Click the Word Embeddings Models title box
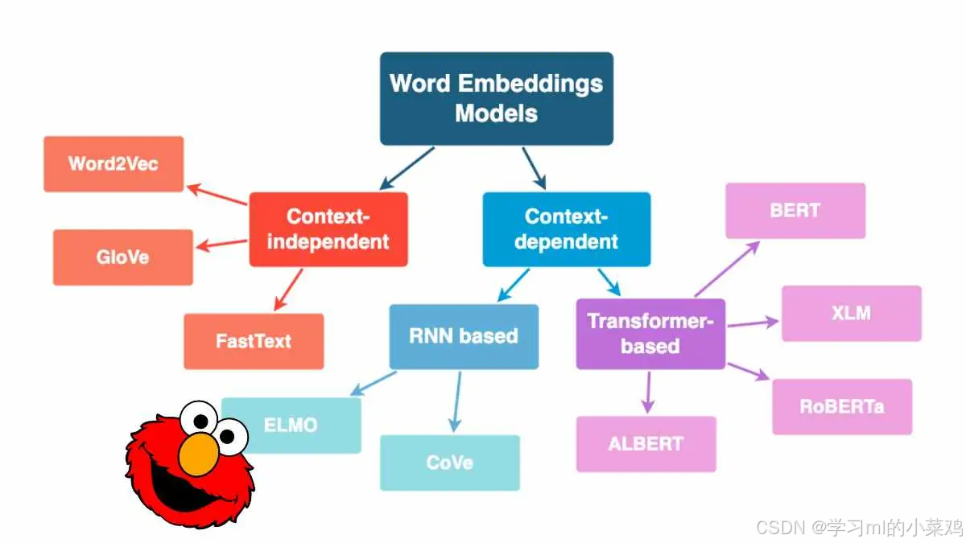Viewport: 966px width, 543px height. [496, 98]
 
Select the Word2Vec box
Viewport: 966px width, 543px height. [114, 164]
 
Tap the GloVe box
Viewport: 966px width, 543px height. [123, 257]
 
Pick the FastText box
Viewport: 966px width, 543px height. [254, 341]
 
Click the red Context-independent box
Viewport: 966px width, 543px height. [328, 229]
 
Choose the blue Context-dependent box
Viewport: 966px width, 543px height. [566, 229]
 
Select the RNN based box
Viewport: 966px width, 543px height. [464, 336]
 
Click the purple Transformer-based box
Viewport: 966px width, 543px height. [650, 334]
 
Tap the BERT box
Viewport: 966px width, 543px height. [795, 211]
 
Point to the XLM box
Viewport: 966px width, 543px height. [851, 313]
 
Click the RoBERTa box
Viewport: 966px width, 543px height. [841, 406]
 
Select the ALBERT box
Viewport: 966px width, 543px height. [646, 443]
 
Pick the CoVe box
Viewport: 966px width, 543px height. [449, 463]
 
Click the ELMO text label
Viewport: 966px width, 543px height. [291, 425]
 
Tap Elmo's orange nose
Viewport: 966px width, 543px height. [198, 455]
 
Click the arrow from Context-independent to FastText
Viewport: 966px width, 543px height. [289, 290]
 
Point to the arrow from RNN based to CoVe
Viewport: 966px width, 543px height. [456, 401]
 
